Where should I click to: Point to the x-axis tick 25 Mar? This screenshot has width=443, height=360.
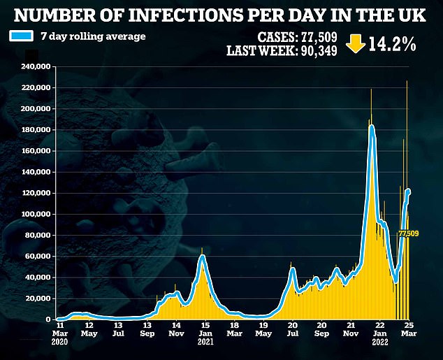(408, 329)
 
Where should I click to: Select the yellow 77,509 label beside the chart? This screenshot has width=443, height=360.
(409, 233)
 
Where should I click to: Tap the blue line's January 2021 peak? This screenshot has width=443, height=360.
(202, 257)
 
